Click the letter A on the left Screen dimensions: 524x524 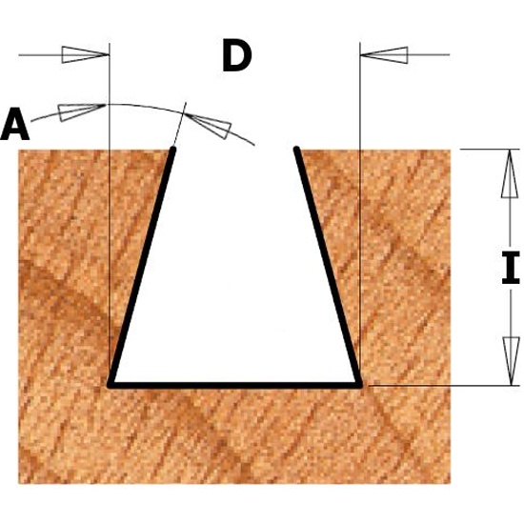coord(15,124)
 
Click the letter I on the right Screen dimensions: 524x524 coord(511,268)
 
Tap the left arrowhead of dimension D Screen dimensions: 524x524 coord(85,55)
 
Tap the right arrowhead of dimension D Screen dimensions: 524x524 coord(384,55)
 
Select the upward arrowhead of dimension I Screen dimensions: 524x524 coord(510,173)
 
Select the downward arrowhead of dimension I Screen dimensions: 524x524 coord(512,361)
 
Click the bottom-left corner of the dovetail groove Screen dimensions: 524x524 coord(111,385)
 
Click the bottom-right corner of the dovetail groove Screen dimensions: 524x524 coord(359,385)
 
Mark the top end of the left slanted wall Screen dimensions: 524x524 coord(173,148)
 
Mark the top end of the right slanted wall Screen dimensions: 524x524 coord(296,148)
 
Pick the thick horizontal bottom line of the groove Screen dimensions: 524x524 coord(235,385)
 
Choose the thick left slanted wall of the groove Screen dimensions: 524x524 coord(142,267)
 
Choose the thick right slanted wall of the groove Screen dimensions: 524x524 coord(328,267)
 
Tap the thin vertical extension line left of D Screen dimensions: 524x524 coord(110,213)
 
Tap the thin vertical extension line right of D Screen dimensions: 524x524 coord(360,213)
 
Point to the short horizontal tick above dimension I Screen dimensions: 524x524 coord(490,150)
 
